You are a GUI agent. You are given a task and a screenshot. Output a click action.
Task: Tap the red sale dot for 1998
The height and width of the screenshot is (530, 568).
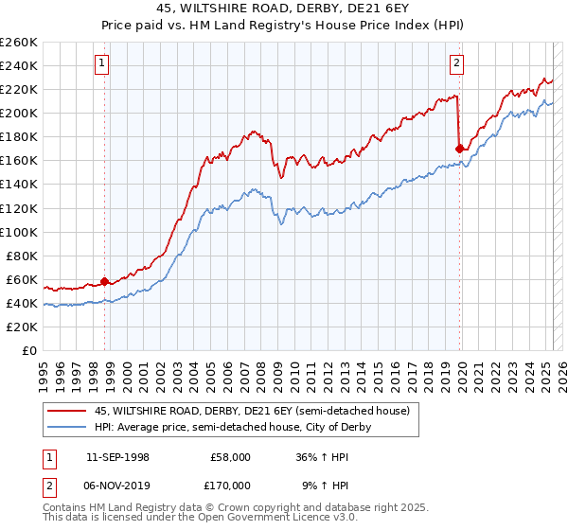(x=105, y=281)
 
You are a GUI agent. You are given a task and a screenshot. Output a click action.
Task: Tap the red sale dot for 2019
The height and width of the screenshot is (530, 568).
(x=459, y=148)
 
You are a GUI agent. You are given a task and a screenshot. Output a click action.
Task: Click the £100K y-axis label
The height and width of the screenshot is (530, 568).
(x=19, y=232)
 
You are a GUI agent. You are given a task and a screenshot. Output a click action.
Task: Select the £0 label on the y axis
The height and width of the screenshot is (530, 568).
(x=30, y=350)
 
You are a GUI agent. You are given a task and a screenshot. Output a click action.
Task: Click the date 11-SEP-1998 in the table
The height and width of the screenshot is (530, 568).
(x=117, y=457)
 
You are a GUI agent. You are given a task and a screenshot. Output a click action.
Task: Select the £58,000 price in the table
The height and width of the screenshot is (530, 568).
(x=230, y=457)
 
